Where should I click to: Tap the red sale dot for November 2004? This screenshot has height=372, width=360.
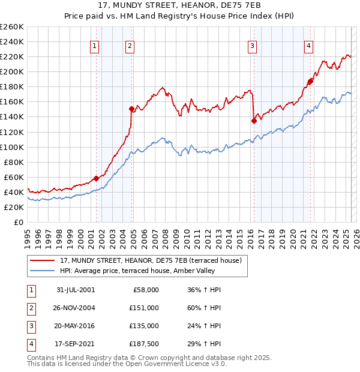131,109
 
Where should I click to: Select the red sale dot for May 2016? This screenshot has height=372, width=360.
254,121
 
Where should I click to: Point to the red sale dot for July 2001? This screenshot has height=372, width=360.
96,178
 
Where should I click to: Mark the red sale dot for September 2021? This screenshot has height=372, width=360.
310,81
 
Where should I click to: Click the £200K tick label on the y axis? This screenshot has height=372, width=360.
11,71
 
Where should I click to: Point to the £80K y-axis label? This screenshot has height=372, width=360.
13,162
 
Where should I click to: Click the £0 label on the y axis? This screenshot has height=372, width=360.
19,222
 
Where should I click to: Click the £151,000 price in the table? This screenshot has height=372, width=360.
145,308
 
